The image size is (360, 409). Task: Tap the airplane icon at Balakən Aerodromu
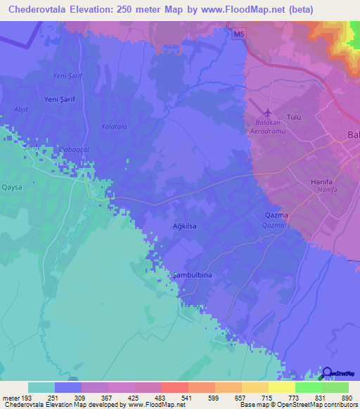click(x=266, y=112)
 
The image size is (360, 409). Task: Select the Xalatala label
click(x=113, y=126)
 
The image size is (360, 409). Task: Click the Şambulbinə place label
click(x=192, y=275)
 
